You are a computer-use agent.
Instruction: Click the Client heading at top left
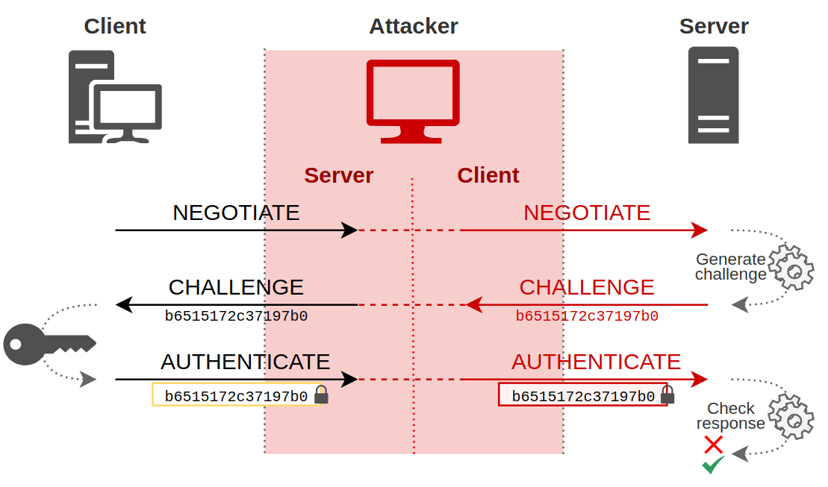pos(114,26)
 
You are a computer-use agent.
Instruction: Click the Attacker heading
pos(413,26)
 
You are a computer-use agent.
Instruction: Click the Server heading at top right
pos(713,26)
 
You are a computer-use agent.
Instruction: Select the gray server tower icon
pos(713,95)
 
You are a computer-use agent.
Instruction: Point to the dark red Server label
pos(338,175)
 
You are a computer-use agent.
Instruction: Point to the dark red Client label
pos(488,175)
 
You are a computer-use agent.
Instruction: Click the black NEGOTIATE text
pos(236,213)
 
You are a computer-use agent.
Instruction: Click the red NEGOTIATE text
pos(587,213)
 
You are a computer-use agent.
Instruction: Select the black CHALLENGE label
pos(236,287)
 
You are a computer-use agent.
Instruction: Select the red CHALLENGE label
pos(587,287)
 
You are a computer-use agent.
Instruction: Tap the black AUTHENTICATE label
pos(245,362)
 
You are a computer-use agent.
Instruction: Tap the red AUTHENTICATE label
pos(596,362)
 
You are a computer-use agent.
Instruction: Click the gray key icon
pos(49,344)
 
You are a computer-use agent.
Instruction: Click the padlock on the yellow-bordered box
pos(321,395)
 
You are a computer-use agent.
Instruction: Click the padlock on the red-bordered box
pos(667,395)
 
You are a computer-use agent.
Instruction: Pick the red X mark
pos(713,444)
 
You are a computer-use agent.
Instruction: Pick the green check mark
pos(713,465)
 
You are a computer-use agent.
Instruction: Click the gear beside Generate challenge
pos(791,268)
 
